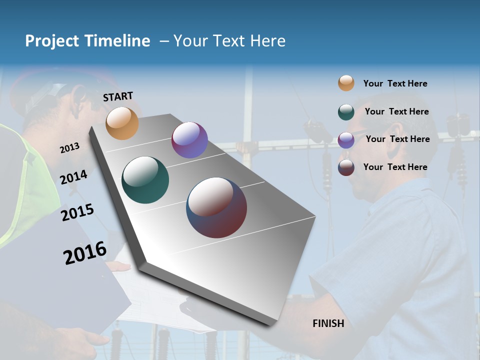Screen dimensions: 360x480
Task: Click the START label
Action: click(x=118, y=96)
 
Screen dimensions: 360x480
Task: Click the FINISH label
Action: click(x=328, y=323)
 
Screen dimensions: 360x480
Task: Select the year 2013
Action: click(x=70, y=148)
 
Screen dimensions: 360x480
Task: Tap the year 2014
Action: click(x=74, y=177)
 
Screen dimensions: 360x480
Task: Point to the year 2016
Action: click(x=85, y=253)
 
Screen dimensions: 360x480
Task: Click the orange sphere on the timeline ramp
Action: click(x=122, y=123)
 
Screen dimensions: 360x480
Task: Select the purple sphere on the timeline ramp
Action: click(x=189, y=140)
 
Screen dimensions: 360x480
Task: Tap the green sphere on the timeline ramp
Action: click(x=145, y=180)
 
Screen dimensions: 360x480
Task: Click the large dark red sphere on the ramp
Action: click(x=216, y=207)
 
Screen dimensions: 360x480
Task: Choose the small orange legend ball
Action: click(x=346, y=83)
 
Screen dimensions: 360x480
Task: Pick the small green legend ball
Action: click(x=346, y=112)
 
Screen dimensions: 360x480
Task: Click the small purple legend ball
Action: click(x=346, y=139)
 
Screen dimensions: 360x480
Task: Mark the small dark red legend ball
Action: click(x=346, y=167)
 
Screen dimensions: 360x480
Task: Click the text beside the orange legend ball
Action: click(x=395, y=83)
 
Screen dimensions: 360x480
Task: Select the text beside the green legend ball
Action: click(x=396, y=111)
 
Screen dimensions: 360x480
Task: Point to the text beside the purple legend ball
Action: click(x=397, y=139)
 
